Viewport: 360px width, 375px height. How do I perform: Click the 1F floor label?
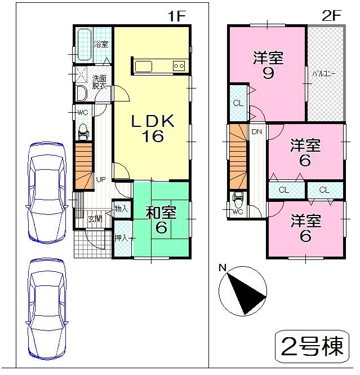(x=176, y=16)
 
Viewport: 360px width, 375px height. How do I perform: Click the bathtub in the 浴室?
(x=84, y=45)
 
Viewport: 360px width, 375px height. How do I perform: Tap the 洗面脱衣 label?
(x=100, y=83)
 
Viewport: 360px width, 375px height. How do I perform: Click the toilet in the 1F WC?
(x=83, y=131)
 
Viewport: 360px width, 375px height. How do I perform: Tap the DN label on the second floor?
(x=257, y=133)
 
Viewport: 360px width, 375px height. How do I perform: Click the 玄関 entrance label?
(x=95, y=219)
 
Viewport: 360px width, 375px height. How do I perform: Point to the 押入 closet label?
(x=121, y=238)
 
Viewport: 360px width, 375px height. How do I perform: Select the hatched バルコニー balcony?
(x=325, y=73)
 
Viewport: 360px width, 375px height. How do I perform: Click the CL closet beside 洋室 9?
(x=238, y=103)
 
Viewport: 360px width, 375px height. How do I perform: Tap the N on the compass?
(x=223, y=268)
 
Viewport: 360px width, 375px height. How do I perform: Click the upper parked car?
(x=47, y=192)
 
